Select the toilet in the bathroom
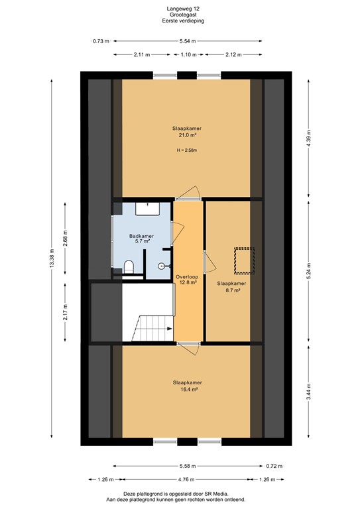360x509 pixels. coord(129,267)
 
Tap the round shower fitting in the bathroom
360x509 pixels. coord(162,264)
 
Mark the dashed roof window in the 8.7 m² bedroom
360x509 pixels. coord(244,260)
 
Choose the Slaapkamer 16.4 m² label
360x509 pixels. coord(187,386)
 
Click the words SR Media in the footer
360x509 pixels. coord(217,494)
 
